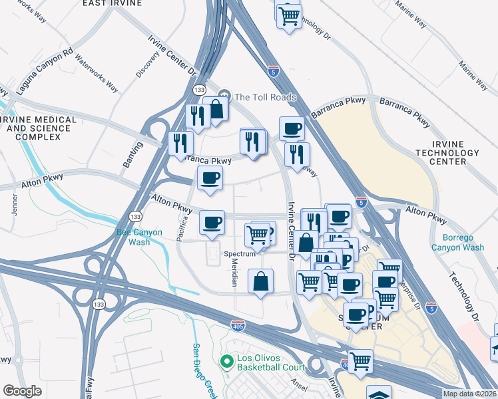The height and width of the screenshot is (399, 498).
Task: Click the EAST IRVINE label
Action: point(113,3)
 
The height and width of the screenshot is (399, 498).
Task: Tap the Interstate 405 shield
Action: point(238,325)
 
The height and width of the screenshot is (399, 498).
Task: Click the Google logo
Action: point(22,391)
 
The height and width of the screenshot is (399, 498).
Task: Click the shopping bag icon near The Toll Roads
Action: point(216,108)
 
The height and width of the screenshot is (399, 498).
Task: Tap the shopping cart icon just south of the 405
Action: point(360,361)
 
